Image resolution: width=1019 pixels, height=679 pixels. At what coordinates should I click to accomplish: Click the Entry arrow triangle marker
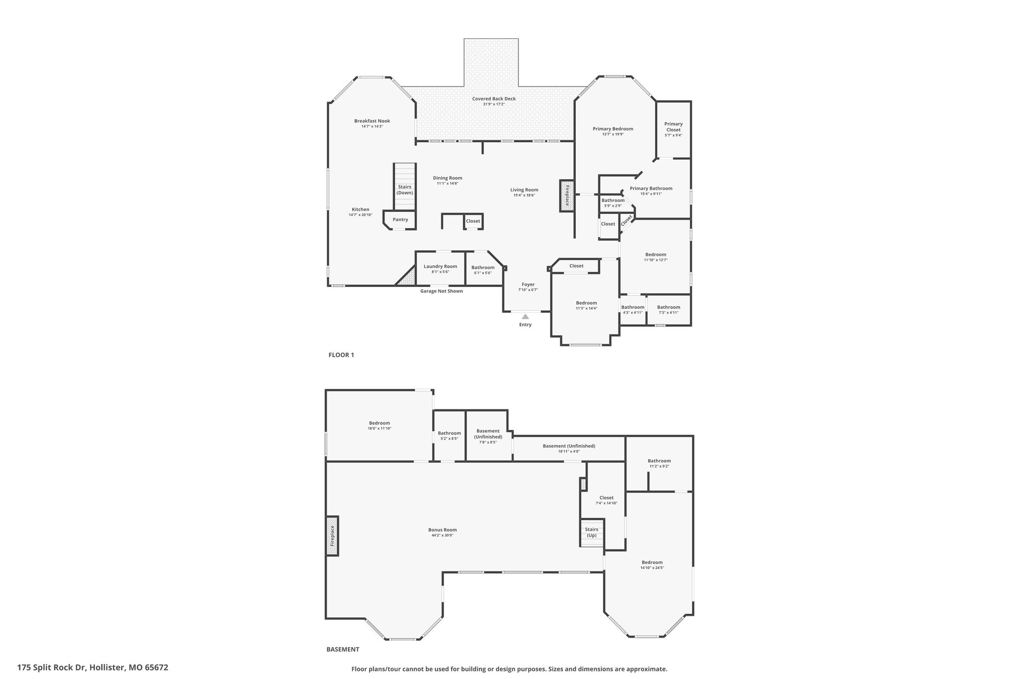click(x=525, y=316)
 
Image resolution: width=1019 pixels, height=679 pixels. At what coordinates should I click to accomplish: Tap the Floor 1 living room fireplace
click(x=567, y=195)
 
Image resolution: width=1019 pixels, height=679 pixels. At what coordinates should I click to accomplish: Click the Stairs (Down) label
click(x=405, y=190)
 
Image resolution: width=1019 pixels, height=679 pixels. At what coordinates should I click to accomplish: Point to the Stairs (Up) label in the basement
click(x=592, y=532)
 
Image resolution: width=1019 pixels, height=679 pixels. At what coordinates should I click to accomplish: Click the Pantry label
click(x=400, y=219)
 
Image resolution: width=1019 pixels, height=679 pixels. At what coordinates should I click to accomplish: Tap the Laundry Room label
click(x=440, y=266)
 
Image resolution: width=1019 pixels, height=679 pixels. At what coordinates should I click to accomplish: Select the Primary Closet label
click(x=673, y=127)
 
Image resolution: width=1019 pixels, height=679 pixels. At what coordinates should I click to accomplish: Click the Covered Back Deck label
click(x=494, y=98)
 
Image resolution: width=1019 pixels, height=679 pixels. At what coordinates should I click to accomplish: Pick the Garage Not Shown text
click(x=441, y=291)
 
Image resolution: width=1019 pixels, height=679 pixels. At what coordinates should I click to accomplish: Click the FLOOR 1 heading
click(x=341, y=355)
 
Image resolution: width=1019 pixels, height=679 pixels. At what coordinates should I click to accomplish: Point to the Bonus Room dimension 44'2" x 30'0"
click(x=442, y=535)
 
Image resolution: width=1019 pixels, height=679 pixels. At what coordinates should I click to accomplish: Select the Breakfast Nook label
click(x=372, y=121)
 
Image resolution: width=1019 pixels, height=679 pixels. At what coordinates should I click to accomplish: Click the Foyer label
click(x=528, y=285)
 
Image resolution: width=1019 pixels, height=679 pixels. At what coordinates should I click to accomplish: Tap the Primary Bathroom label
click(x=651, y=189)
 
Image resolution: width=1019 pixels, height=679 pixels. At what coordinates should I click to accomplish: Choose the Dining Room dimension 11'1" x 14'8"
click(x=447, y=184)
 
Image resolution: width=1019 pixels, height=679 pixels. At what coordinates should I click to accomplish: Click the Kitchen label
click(x=360, y=209)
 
